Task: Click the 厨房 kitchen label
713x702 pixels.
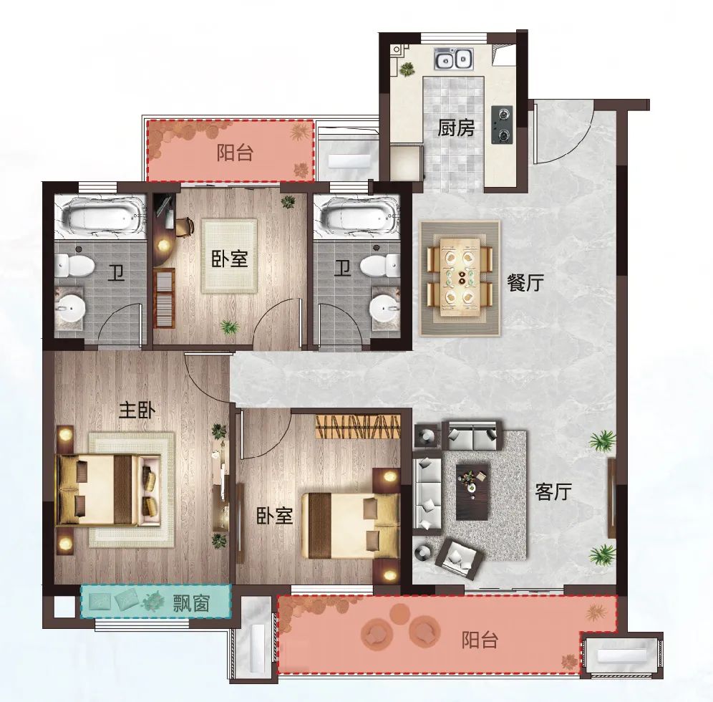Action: (456, 128)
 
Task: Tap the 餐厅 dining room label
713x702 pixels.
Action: (525, 282)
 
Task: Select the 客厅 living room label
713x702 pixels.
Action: (553, 491)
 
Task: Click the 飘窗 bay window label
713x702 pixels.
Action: (191, 604)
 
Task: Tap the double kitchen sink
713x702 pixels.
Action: (453, 59)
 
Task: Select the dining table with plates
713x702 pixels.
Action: (460, 277)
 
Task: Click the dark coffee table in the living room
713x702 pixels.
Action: (473, 491)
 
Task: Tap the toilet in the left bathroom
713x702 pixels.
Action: (74, 265)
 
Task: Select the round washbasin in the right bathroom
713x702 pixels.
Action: (385, 309)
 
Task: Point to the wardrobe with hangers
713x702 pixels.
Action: (359, 426)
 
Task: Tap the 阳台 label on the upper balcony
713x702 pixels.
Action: (235, 153)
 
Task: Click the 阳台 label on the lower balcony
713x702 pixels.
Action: (480, 640)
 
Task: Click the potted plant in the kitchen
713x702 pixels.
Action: (407, 69)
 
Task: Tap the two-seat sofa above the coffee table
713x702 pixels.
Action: (472, 436)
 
